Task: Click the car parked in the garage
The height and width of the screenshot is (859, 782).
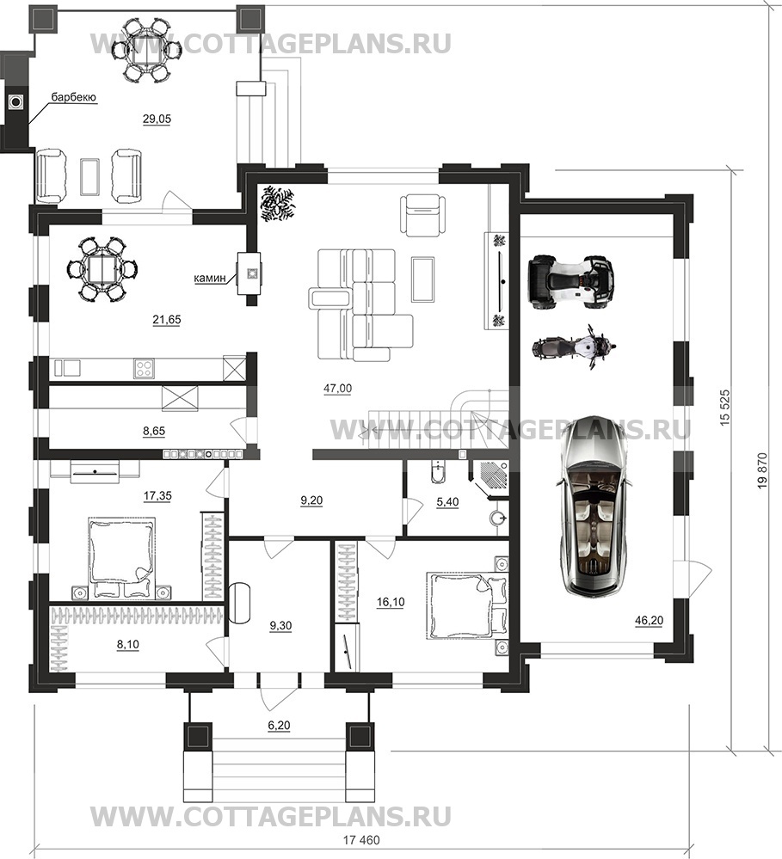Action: click(593, 507)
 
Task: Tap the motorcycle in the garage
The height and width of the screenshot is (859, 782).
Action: click(575, 347)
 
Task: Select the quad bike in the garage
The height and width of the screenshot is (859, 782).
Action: click(570, 279)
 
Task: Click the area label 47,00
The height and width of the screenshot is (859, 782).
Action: click(337, 389)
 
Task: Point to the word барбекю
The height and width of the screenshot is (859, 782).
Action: click(73, 97)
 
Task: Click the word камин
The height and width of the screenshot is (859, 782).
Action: click(210, 279)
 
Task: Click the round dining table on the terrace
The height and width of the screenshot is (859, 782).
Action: click(147, 50)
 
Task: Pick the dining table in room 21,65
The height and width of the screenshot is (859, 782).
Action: click(102, 269)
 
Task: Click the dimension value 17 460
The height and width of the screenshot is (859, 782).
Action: click(361, 840)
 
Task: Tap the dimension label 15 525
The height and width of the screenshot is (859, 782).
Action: click(725, 408)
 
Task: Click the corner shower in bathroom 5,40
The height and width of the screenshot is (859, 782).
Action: click(490, 478)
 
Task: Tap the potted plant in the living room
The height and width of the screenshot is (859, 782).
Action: click(277, 203)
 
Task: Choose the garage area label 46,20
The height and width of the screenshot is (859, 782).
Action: click(649, 620)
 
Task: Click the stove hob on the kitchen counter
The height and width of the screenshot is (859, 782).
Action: click(144, 368)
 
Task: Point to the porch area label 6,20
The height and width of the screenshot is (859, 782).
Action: click(279, 726)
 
